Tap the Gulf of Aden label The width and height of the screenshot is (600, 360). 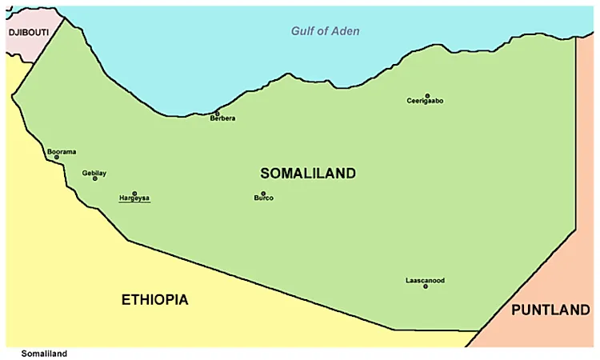click(x=325, y=31)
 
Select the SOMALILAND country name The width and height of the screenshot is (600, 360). click(x=308, y=173)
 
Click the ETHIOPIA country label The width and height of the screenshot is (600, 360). click(x=155, y=300)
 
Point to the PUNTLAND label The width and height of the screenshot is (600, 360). click(x=550, y=310)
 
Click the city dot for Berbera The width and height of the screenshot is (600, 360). click(x=217, y=114)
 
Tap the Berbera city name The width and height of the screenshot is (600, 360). click(x=222, y=119)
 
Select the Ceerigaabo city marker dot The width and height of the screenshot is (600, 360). click(x=427, y=96)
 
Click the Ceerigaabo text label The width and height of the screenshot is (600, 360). click(x=425, y=102)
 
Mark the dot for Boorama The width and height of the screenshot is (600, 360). click(x=56, y=157)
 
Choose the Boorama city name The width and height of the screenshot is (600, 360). click(x=61, y=151)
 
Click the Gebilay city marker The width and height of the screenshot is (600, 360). click(x=95, y=178)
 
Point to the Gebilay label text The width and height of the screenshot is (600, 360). click(x=94, y=173)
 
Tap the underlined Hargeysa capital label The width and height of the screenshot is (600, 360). click(x=134, y=198)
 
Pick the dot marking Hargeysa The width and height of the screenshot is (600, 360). click(x=134, y=193)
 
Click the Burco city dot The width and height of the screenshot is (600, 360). click(x=263, y=193)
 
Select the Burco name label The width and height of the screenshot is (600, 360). click(x=263, y=198)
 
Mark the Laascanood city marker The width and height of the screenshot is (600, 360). click(x=426, y=286)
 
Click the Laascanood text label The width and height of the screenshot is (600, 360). click(x=425, y=280)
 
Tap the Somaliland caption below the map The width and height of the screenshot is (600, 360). click(x=44, y=354)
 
